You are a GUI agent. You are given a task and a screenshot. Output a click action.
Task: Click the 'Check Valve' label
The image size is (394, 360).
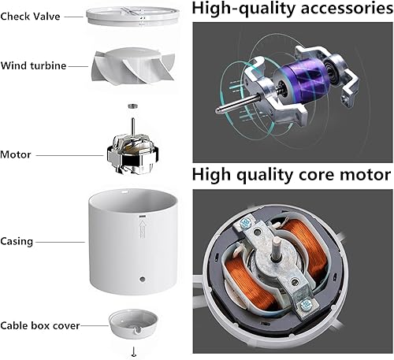pyautogui.click(x=30, y=17)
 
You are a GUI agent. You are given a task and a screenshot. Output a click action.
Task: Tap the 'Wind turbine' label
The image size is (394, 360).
pyautogui.click(x=33, y=65)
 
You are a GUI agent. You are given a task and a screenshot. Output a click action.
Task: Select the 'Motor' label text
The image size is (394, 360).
pyautogui.click(x=16, y=154)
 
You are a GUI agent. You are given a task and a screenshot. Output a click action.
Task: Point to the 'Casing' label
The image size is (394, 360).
pyautogui.click(x=17, y=242)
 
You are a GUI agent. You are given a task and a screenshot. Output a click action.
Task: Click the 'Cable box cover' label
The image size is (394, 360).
pyautogui.click(x=40, y=325)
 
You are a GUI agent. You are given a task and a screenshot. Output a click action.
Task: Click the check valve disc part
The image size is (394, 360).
pyautogui.click(x=133, y=17)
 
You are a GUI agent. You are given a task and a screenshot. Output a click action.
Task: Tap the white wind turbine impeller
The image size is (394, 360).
pyautogui.click(x=133, y=65)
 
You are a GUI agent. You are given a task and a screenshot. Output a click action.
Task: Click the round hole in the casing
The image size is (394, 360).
pyautogui.click(x=143, y=279)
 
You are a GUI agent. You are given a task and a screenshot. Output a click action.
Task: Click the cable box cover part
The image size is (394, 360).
pyautogui.click(x=133, y=324)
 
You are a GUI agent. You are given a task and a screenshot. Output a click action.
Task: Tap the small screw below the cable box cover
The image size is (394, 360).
pyautogui.click(x=134, y=351)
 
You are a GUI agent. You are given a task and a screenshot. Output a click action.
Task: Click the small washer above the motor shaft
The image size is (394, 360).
pyautogui.click(x=132, y=106)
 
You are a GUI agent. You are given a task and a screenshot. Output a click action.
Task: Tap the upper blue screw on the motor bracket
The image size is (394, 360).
pyautogui.click(x=246, y=224)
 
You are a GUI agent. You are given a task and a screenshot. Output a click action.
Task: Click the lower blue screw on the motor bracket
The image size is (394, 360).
pyautogui.click(x=305, y=304)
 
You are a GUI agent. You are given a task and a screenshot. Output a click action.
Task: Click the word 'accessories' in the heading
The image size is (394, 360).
pyautogui.click(x=347, y=9)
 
